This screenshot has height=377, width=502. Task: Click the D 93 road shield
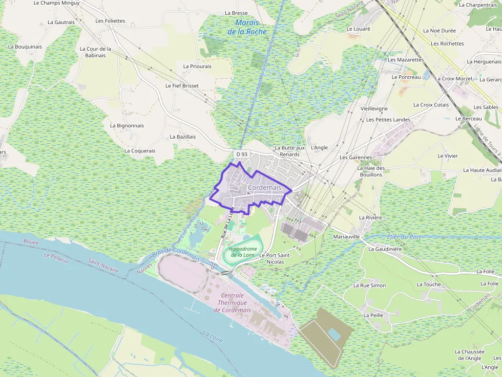point(241,154)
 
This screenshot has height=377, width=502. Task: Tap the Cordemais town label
point(264,188)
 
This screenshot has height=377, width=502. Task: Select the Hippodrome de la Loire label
point(242,252)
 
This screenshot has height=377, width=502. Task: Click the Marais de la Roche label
point(247,27)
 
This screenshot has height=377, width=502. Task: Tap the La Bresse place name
point(236,13)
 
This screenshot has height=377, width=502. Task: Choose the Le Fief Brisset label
point(182,86)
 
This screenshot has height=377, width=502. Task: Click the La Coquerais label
point(140,151)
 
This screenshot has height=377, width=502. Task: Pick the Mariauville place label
point(347,237)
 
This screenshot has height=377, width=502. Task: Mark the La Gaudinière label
point(385,249)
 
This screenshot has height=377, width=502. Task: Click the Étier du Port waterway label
point(405,237)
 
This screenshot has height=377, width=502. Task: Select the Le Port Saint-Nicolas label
point(275,258)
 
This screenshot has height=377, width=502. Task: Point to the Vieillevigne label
point(374,109)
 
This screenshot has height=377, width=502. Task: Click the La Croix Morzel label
point(453,79)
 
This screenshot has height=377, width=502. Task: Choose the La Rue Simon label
point(370,285)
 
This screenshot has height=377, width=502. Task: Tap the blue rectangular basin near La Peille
point(334,335)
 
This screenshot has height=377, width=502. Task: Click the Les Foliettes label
point(110,21)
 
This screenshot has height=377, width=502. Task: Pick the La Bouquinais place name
point(25,47)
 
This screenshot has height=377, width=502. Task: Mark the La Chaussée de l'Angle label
point(469,355)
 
